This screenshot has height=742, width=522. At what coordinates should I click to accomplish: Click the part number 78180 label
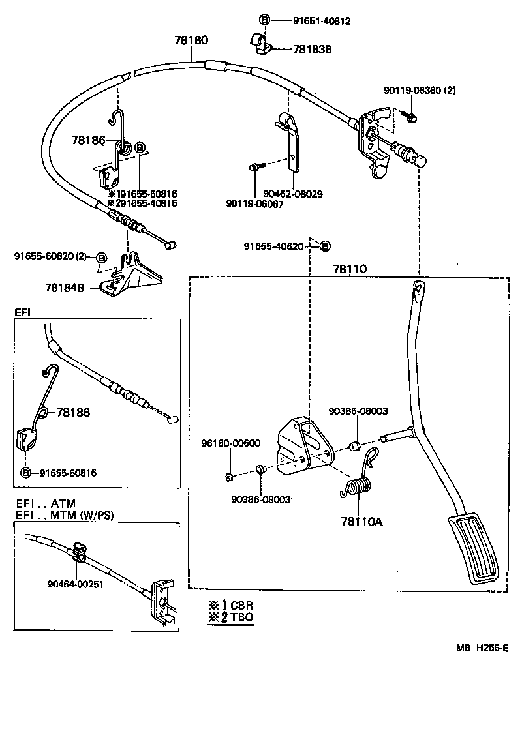(191, 40)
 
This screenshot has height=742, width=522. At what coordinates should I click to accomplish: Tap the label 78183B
(312, 50)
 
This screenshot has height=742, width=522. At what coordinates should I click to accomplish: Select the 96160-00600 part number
(230, 443)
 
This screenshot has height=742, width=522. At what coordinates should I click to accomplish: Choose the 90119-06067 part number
(254, 204)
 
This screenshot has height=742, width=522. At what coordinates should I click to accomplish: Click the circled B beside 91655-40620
(325, 246)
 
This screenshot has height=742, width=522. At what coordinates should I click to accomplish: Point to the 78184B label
(66, 286)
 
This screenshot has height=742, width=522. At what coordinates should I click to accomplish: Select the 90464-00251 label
(75, 584)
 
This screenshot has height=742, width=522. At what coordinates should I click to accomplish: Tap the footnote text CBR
(241, 604)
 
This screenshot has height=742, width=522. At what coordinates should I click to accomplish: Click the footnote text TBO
(241, 617)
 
